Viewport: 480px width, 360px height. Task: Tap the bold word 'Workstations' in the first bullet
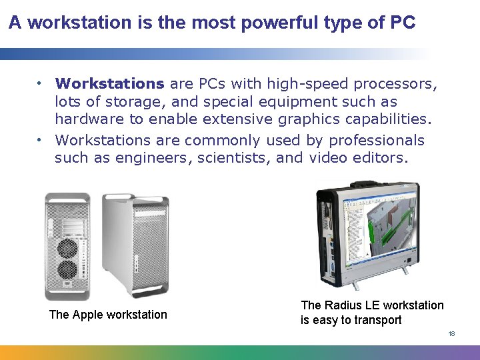pyautogui.click(x=109, y=84)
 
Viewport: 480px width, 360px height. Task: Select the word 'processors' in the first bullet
pyautogui.click(x=395, y=84)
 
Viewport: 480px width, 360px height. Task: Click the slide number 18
pyautogui.click(x=451, y=333)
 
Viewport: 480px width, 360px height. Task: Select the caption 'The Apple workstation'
pyautogui.click(x=108, y=315)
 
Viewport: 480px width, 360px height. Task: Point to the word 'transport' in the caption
pyautogui.click(x=379, y=320)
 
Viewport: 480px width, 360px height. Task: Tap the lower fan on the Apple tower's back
pyautogui.click(x=67, y=270)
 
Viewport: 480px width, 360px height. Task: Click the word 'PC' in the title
pyautogui.click(x=403, y=23)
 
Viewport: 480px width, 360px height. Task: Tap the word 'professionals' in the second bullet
pyautogui.click(x=375, y=140)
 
